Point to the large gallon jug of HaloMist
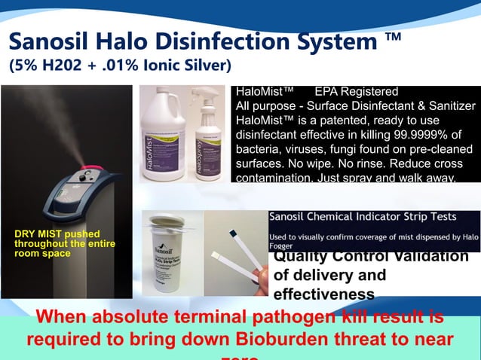tap(160, 136)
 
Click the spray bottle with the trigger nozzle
tap(208, 139)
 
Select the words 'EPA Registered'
tap(356, 92)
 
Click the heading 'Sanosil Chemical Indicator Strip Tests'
tap(363, 217)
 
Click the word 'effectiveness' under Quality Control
tap(323, 294)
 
